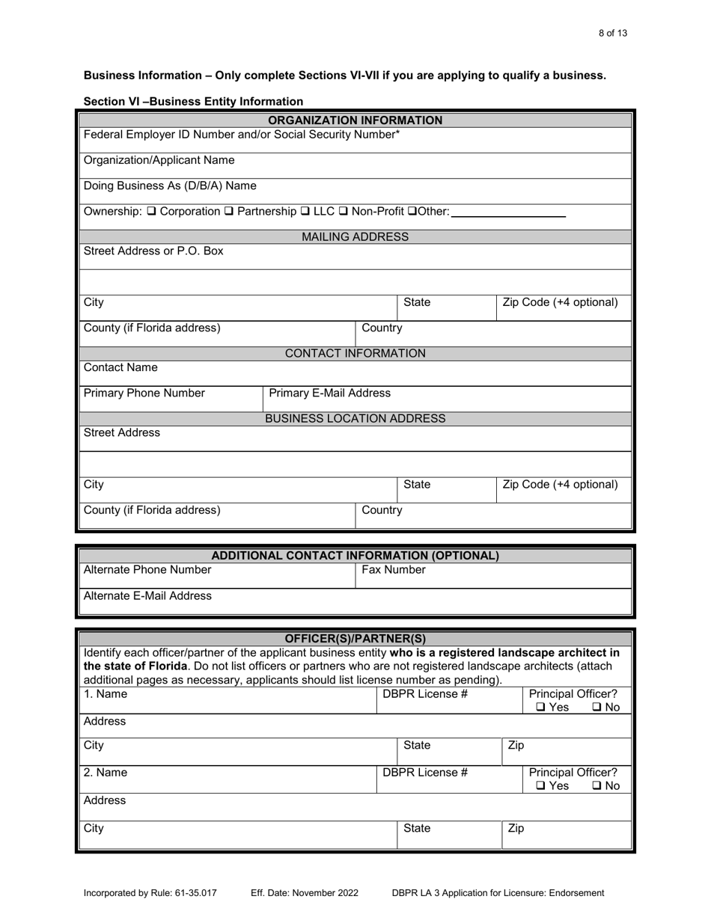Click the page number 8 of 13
pyautogui.click(x=613, y=33)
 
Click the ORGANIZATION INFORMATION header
pyautogui.click(x=355, y=120)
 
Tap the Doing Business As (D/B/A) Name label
pyautogui.click(x=170, y=185)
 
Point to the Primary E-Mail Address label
pyautogui.click(x=329, y=393)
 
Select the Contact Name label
pyautogui.click(x=121, y=368)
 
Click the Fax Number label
pyautogui.click(x=394, y=570)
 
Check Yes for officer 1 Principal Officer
pyautogui.click(x=540, y=708)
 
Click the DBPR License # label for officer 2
pyautogui.click(x=425, y=773)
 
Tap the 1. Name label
pyautogui.click(x=106, y=694)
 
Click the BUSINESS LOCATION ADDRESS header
pyautogui.click(x=355, y=419)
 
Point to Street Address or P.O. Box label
pyautogui.click(x=153, y=251)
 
